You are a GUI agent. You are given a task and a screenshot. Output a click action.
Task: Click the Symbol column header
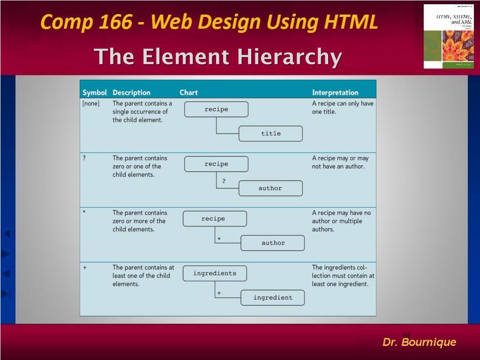(x=95, y=92)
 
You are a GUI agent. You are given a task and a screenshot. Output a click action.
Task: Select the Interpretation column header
(x=335, y=92)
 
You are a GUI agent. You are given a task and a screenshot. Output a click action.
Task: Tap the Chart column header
(x=188, y=92)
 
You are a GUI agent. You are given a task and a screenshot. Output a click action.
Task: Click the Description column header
(x=131, y=92)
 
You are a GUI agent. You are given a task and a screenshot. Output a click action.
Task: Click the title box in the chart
(x=270, y=134)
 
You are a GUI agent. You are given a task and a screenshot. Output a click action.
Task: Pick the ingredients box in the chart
(x=215, y=273)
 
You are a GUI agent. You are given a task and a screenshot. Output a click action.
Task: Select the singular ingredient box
(x=272, y=298)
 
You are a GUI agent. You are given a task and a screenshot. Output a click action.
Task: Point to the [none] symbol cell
(x=91, y=104)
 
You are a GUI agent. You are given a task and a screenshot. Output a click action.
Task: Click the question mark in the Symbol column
(x=84, y=158)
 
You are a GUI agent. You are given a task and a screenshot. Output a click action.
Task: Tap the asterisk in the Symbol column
(x=84, y=212)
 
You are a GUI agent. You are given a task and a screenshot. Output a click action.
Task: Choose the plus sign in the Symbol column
(x=84, y=267)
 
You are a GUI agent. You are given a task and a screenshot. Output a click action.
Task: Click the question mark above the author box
(x=224, y=181)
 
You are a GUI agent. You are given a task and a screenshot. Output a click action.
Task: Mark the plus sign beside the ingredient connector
(x=219, y=293)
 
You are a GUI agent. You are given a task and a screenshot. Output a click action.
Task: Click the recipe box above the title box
(x=216, y=109)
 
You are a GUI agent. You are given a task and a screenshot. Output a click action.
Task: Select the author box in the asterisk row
(x=272, y=243)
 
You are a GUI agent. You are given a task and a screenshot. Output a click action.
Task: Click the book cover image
(x=448, y=36)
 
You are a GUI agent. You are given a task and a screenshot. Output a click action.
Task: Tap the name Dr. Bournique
(x=419, y=342)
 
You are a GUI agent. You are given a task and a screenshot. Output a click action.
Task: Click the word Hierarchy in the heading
(x=289, y=57)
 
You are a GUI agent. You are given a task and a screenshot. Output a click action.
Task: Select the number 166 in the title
(x=115, y=22)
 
